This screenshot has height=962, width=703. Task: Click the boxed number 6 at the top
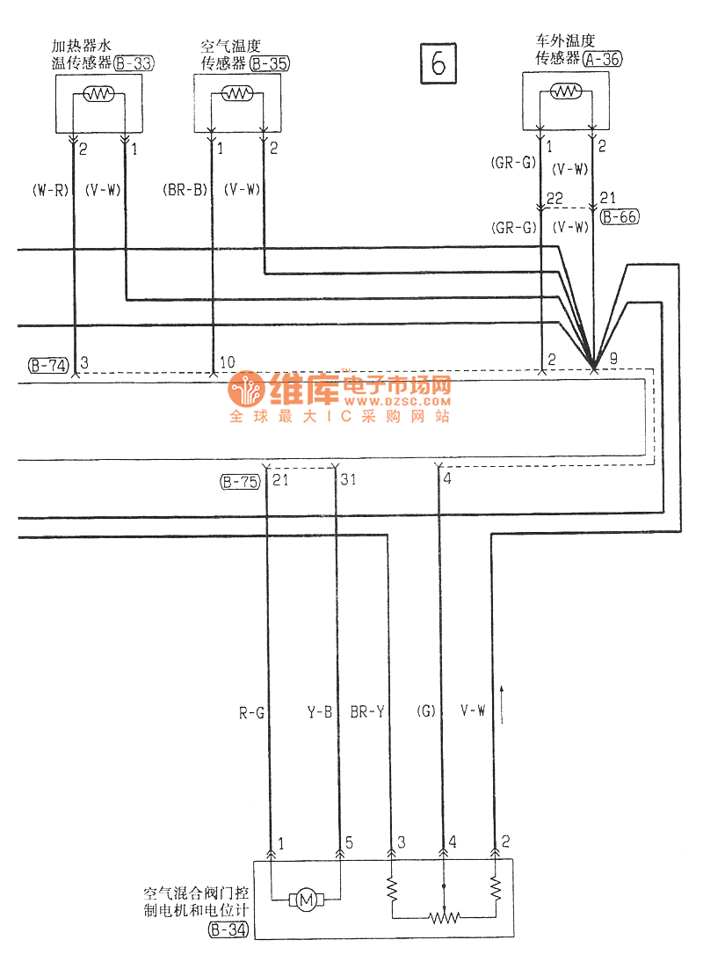click(x=438, y=62)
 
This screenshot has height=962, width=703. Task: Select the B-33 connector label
click(x=133, y=63)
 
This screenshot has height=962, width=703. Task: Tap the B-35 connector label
click(x=269, y=63)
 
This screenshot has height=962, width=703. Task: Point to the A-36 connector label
click(x=602, y=58)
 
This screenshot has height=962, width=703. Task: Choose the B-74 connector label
click(x=48, y=365)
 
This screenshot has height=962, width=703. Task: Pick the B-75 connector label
click(x=240, y=481)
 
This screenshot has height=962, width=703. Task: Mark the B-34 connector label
click(x=228, y=929)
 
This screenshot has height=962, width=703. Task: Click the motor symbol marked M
click(x=307, y=899)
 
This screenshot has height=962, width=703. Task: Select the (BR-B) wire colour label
click(x=185, y=189)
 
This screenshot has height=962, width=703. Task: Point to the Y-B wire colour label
click(x=319, y=712)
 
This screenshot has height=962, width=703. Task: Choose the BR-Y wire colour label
click(x=366, y=712)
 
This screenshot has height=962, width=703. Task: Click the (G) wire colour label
click(x=425, y=712)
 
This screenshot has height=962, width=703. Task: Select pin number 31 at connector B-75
click(x=349, y=480)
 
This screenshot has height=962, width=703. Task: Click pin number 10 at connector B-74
click(x=227, y=363)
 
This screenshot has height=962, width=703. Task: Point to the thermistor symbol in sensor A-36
click(x=565, y=91)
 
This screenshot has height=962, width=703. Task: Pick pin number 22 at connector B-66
click(x=554, y=200)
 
